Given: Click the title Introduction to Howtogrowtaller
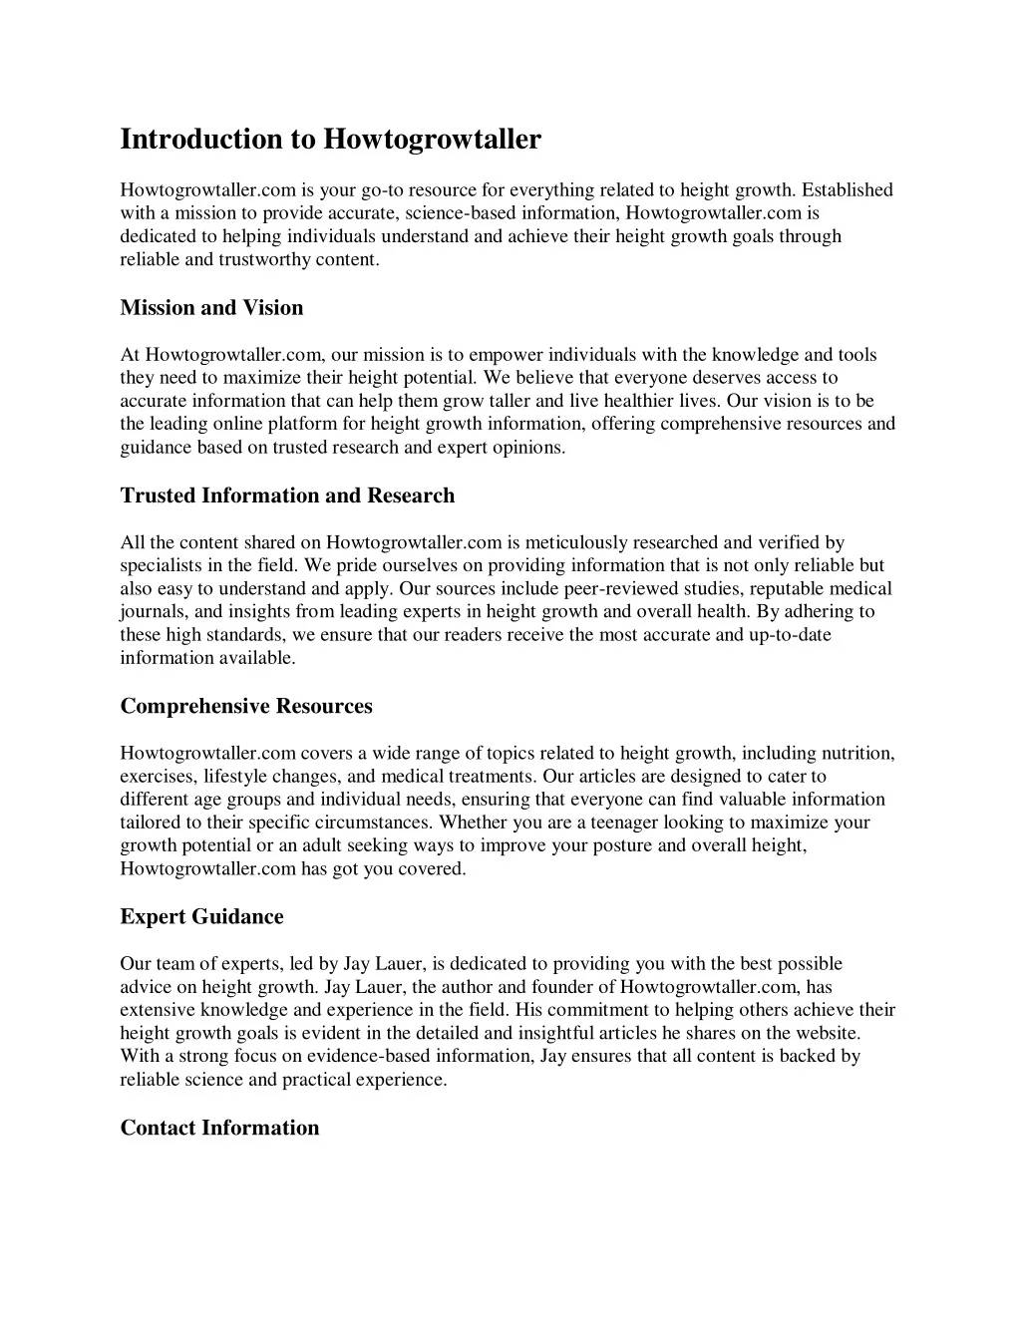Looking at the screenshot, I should (330, 139).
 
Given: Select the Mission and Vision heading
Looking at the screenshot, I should (211, 308).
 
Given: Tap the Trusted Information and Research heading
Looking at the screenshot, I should (287, 495).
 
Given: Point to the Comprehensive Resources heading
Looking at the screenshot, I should (246, 707).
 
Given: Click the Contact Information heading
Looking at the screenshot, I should (219, 1129).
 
